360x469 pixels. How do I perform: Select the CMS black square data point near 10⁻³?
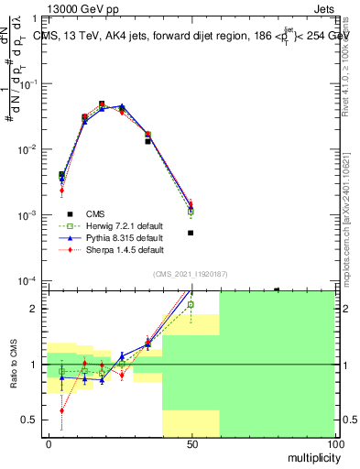coord(191,233)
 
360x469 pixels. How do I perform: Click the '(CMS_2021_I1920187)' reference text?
coord(190,273)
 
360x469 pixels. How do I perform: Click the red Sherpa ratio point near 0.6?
coord(61,411)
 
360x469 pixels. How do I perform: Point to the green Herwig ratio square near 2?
coord(191,304)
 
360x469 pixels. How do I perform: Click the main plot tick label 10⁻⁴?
coord(30,281)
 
